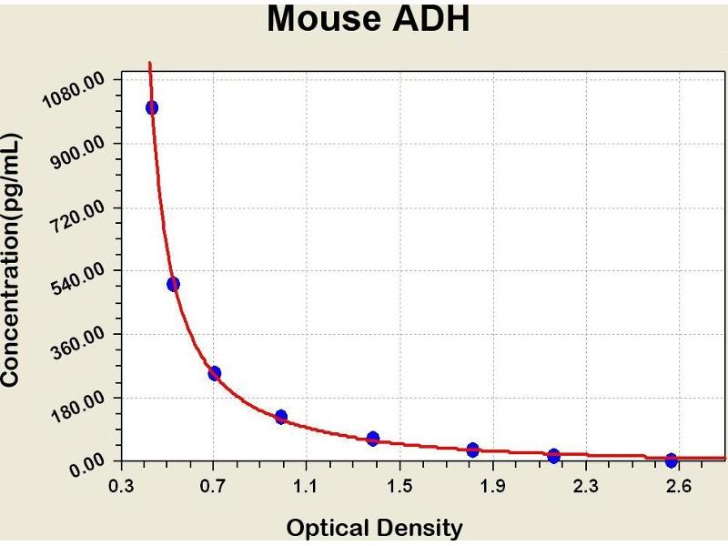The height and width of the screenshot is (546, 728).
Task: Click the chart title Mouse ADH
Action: pyautogui.click(x=368, y=19)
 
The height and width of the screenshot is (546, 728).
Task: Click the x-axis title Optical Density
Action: pyautogui.click(x=374, y=528)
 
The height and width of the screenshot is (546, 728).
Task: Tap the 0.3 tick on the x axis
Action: pyautogui.click(x=120, y=487)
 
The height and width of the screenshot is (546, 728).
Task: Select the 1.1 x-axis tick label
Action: pyautogui.click(x=306, y=487)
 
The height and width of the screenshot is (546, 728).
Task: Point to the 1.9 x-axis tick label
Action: pyautogui.click(x=491, y=487)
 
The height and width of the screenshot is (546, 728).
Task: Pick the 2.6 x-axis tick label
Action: pyautogui.click(x=677, y=487)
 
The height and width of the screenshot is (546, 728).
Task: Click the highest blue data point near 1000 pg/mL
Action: pyautogui.click(x=152, y=107)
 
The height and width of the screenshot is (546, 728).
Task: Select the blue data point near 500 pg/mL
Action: pyautogui.click(x=174, y=284)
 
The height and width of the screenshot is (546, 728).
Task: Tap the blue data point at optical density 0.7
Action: pyautogui.click(x=215, y=373)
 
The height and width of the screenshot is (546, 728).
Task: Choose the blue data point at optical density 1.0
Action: pyautogui.click(x=281, y=417)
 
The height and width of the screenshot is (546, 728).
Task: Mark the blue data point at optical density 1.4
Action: pyautogui.click(x=373, y=439)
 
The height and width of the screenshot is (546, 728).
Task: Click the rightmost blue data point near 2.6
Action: pyautogui.click(x=672, y=460)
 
